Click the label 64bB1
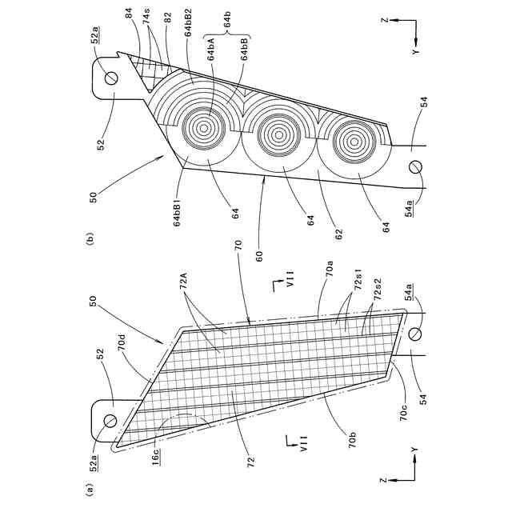click(x=178, y=206)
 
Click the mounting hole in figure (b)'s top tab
click(x=110, y=77)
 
